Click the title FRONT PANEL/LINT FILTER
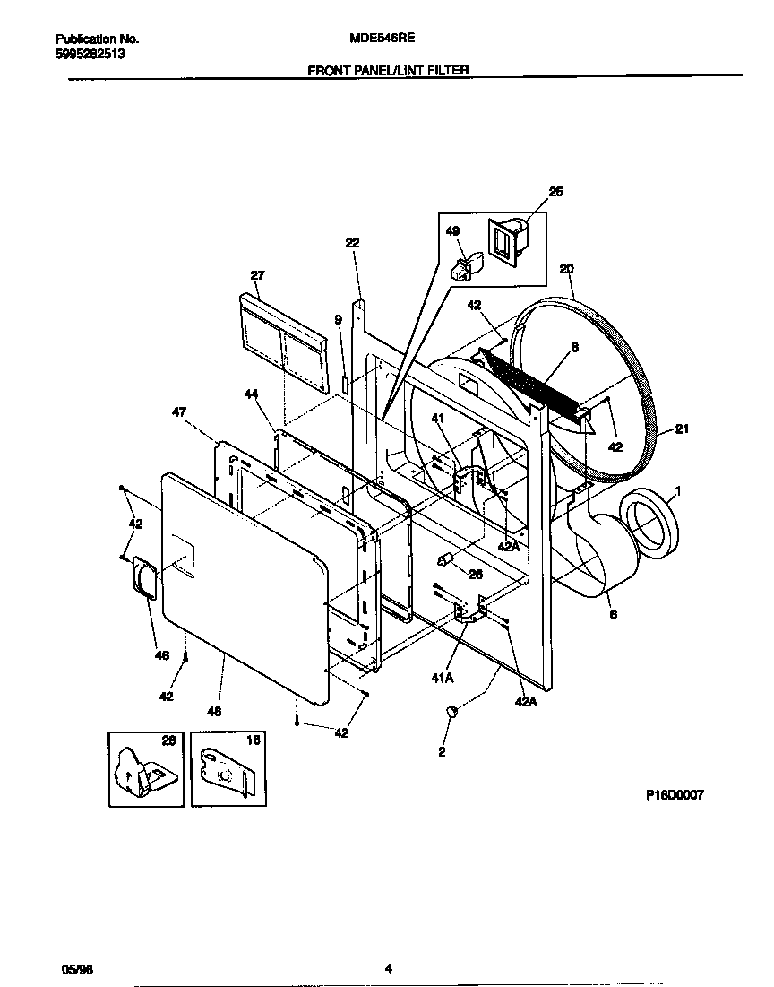click(388, 70)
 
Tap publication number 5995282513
click(90, 54)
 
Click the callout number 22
click(352, 243)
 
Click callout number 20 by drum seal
click(566, 268)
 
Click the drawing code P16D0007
click(675, 794)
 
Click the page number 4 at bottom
click(388, 968)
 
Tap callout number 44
click(252, 394)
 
